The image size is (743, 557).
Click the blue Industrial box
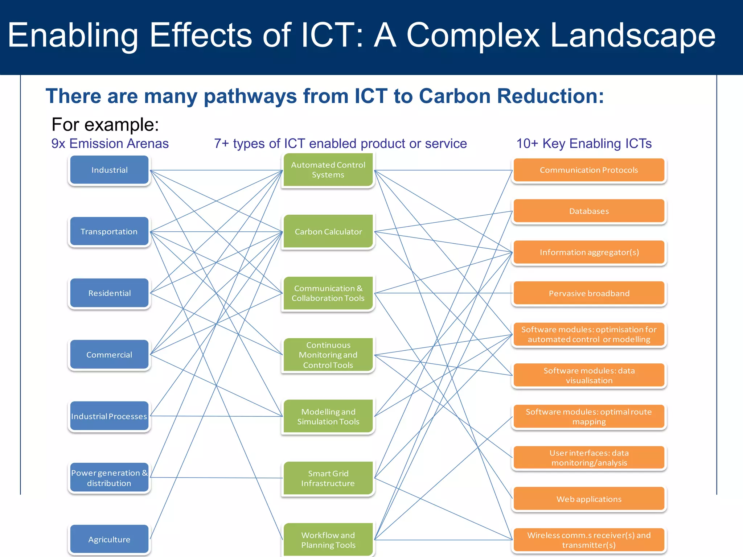(x=109, y=170)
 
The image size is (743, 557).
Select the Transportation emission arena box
(x=109, y=231)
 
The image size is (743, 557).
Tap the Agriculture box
(x=109, y=539)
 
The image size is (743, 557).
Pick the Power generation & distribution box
(x=109, y=478)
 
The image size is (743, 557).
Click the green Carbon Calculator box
(x=328, y=231)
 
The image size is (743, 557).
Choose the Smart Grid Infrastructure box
(x=328, y=478)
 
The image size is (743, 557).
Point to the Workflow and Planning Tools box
(x=328, y=540)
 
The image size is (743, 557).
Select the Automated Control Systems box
(x=328, y=170)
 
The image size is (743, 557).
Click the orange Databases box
(x=589, y=211)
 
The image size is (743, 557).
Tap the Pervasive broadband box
(x=589, y=293)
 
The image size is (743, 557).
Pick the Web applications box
(x=589, y=499)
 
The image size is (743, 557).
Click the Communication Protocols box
(x=589, y=170)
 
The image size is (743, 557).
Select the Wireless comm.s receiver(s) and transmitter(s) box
(x=589, y=540)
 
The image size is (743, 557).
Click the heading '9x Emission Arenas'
(x=110, y=144)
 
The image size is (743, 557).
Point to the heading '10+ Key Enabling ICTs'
(x=584, y=144)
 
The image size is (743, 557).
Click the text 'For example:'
(x=105, y=124)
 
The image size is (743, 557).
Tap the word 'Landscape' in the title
(x=633, y=35)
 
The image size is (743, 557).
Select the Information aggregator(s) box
(x=589, y=252)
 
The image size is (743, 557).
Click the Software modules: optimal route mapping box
(x=589, y=417)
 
